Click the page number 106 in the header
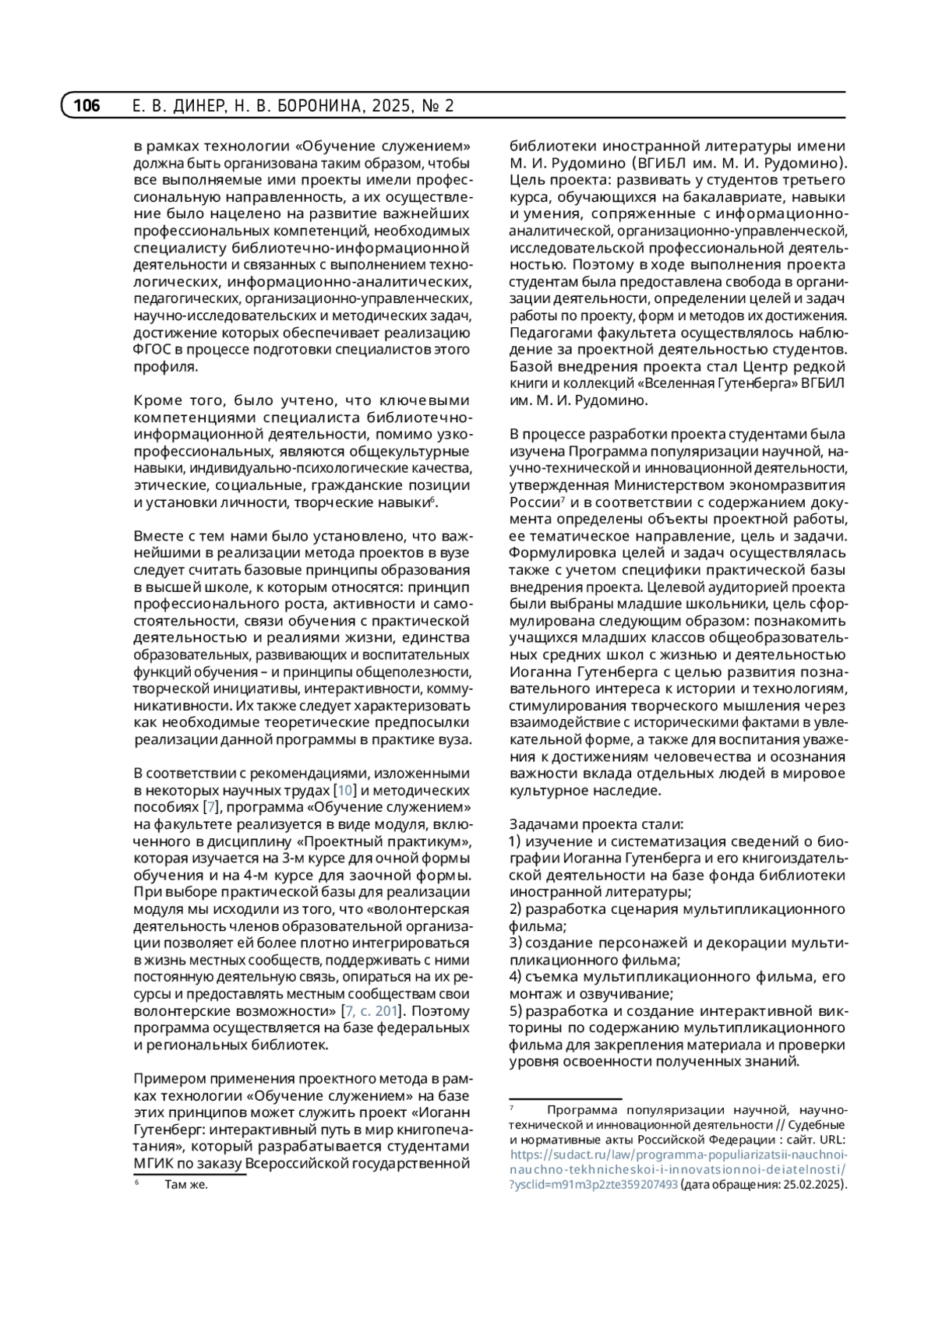coord(86,106)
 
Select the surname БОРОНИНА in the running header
coord(312,106)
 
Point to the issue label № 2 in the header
coord(437,106)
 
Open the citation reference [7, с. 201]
coord(372,1011)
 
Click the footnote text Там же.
coord(185,1185)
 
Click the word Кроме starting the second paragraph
coord(158,400)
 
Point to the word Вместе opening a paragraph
coord(157,536)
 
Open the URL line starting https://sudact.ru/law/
coord(679,1155)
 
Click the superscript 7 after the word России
coord(563,499)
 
